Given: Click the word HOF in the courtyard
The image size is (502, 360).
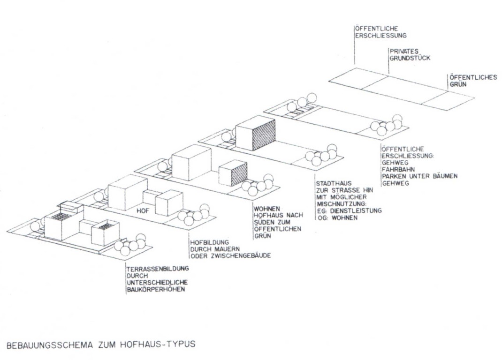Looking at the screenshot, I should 143,210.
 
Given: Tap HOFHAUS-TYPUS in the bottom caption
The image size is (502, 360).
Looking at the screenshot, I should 164,345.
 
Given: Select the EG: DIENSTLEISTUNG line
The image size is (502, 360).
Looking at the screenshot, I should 349,211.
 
